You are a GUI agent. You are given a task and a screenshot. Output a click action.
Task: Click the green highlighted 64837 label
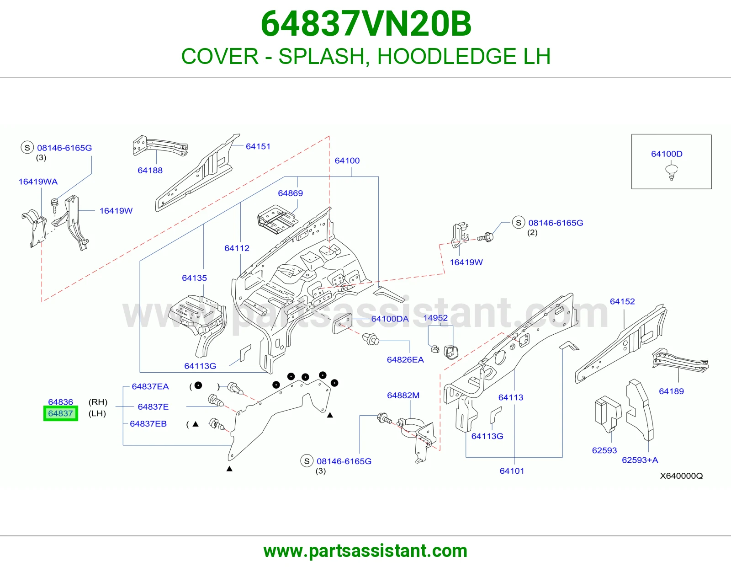[61, 413]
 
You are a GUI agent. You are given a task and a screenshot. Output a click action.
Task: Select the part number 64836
[61, 401]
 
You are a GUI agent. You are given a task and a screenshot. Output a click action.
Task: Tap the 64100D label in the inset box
[667, 154]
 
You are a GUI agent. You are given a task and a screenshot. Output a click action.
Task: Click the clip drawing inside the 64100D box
[672, 172]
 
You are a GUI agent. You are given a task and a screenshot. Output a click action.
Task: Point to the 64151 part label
[258, 146]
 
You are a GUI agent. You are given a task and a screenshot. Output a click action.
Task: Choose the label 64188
[150, 171]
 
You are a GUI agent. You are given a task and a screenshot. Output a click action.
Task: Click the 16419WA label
[38, 182]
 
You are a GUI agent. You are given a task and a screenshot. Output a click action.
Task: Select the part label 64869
[290, 193]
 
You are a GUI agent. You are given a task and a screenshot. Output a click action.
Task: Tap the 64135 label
[195, 278]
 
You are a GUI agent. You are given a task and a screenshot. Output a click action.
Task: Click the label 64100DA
[390, 319]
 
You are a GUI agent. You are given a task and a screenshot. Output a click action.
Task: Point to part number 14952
[435, 318]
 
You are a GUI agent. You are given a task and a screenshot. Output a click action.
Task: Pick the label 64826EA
[405, 359]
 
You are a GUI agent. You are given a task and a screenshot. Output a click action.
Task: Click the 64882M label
[403, 395]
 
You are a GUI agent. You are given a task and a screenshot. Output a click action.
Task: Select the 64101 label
[512, 471]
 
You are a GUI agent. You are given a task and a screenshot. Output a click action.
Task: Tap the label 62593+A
[640, 460]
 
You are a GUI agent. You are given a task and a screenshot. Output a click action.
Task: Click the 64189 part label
[672, 391]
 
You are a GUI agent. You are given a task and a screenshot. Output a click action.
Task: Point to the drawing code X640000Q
[682, 476]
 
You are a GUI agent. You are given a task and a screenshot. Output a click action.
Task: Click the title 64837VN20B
[366, 24]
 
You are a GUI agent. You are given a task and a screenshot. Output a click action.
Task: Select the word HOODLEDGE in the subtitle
[447, 56]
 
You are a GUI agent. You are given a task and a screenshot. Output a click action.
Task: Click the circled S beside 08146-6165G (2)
[519, 223]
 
